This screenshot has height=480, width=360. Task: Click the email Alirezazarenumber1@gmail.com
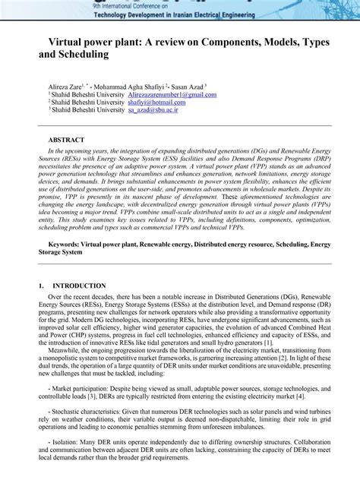pyautogui.click(x=172, y=95)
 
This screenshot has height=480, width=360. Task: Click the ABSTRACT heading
pyautogui.click(x=67, y=141)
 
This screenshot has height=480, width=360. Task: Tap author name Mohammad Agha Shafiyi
pyautogui.click(x=137, y=87)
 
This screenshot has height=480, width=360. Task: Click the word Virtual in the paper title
pyautogui.click(x=71, y=44)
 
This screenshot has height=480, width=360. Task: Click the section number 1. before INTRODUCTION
pyautogui.click(x=41, y=286)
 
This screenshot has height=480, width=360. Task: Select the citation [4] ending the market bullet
pyautogui.click(x=302, y=395)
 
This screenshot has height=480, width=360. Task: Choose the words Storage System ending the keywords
pyautogui.click(x=61, y=251)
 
